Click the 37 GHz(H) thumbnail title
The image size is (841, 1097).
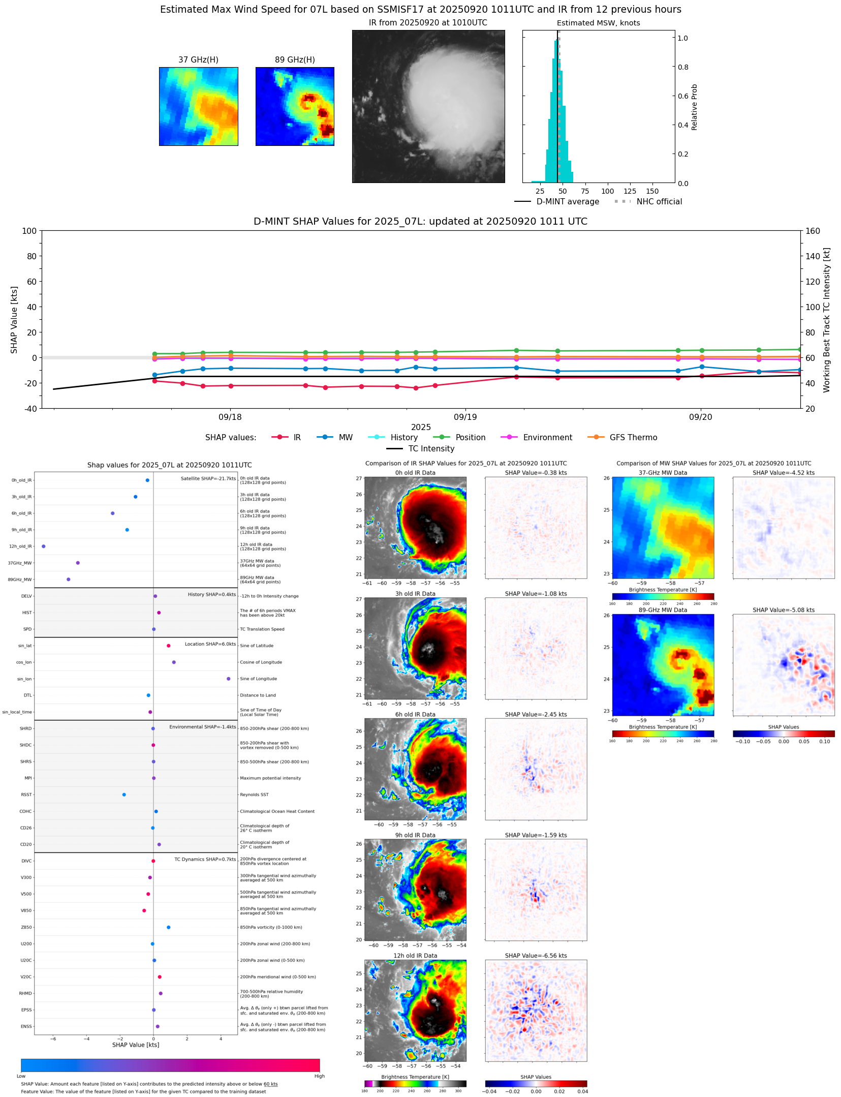click(x=198, y=60)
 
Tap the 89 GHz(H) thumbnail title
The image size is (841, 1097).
click(x=295, y=60)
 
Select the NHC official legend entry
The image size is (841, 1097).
click(x=659, y=202)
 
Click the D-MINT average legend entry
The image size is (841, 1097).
click(x=567, y=202)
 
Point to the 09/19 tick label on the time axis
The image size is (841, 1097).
click(x=465, y=417)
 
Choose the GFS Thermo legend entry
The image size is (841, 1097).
click(x=633, y=438)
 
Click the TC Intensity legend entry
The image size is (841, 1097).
click(x=431, y=449)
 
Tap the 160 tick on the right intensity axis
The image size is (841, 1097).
click(x=813, y=231)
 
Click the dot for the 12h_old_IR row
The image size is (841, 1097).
click(x=44, y=546)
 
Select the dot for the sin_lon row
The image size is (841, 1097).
click(x=229, y=679)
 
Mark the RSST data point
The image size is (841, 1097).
click(x=124, y=795)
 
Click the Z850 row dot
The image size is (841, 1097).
click(x=169, y=928)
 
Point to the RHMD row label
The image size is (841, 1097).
click(x=25, y=994)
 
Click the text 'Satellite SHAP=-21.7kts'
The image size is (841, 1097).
click(x=208, y=479)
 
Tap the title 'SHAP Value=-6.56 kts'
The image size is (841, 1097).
click(x=536, y=956)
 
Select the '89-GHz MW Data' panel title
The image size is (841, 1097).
click(x=663, y=611)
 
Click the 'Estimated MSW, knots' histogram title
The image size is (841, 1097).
click(x=598, y=23)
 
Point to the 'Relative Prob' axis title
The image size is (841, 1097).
click(x=694, y=107)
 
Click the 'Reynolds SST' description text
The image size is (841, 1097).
click(x=254, y=795)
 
